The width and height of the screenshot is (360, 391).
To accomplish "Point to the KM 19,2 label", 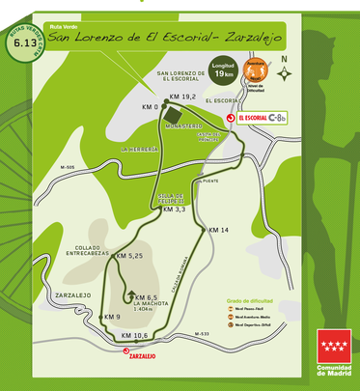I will [x=182, y=98].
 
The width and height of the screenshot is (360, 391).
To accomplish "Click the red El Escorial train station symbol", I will [x=231, y=118].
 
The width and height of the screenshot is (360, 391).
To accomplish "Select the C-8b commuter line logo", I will [x=283, y=118].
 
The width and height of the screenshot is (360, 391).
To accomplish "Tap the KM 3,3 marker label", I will [x=174, y=209].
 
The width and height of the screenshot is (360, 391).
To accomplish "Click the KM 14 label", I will [x=219, y=230].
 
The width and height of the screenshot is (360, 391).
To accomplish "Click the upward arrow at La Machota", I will [x=129, y=294].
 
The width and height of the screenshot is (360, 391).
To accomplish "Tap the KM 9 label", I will [x=111, y=317].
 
